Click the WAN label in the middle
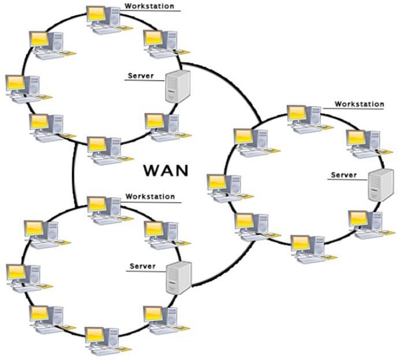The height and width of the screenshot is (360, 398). (x=166, y=171)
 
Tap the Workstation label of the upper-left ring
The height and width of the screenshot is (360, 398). (x=149, y=6)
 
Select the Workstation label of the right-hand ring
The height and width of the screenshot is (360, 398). (x=359, y=104)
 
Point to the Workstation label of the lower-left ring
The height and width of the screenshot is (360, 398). (x=149, y=197)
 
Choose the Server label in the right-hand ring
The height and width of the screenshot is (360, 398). (x=344, y=174)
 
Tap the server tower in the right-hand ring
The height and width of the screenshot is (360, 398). (x=380, y=184)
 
